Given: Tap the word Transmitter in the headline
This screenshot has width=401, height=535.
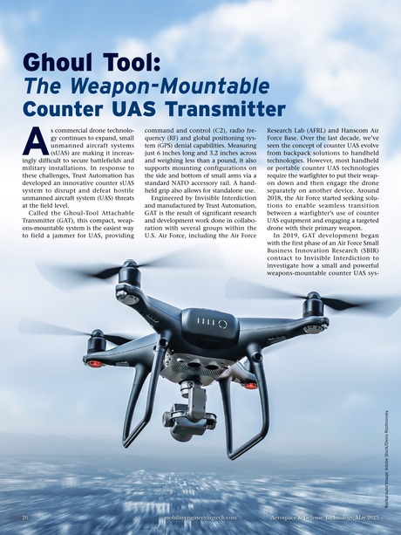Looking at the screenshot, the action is coord(221,109).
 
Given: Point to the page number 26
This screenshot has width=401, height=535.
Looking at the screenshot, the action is coord(26,518).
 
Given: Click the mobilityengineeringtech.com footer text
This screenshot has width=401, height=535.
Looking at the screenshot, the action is coord(177,518).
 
